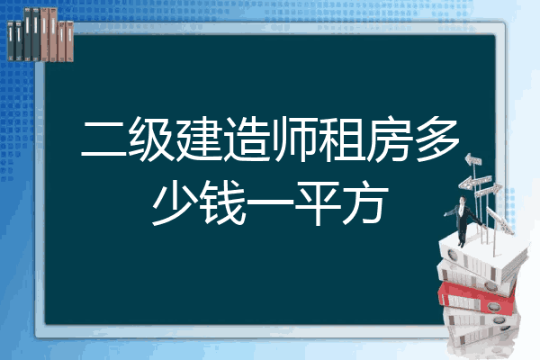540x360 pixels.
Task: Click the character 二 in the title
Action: coord(104,139)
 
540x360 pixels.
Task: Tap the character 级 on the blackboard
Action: coord(151,139)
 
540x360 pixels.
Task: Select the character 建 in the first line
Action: coord(199,139)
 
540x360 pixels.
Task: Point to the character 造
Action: coord(247,139)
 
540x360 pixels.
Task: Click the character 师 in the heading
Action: coord(293,139)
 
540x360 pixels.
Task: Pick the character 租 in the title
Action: coord(341,139)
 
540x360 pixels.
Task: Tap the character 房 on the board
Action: coord(389,139)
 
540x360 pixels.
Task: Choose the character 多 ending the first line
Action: coord(436,139)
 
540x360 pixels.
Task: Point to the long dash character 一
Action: coord(270,204)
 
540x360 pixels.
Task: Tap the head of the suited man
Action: coord(463,200)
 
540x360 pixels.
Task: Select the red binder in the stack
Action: coord(477,298)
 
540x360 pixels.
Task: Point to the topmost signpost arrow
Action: coord(473,159)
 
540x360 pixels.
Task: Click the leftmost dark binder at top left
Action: coord(11,41)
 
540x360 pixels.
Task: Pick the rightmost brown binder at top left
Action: coord(70,41)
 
